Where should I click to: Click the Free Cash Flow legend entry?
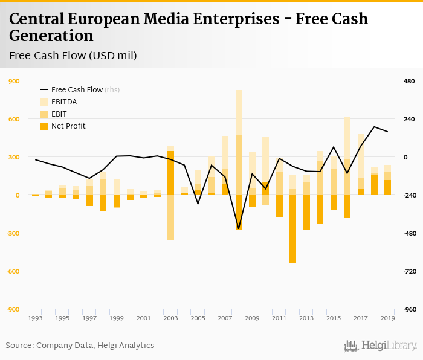pos(77,90)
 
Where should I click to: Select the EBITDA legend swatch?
pos(44,102)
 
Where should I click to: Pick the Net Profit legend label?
pos(68,126)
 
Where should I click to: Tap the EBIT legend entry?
pos(59,114)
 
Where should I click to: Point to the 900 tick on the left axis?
pos(13,81)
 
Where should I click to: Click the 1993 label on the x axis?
pos(35,318)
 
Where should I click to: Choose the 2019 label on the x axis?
pos(388,318)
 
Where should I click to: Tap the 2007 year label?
pos(225,318)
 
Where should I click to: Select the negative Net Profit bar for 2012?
pos(293,229)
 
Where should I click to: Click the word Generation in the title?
pos(51,36)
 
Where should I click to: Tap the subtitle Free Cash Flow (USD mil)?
pos(73,56)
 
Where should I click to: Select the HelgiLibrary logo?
pos(380,346)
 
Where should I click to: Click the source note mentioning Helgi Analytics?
pos(80,346)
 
